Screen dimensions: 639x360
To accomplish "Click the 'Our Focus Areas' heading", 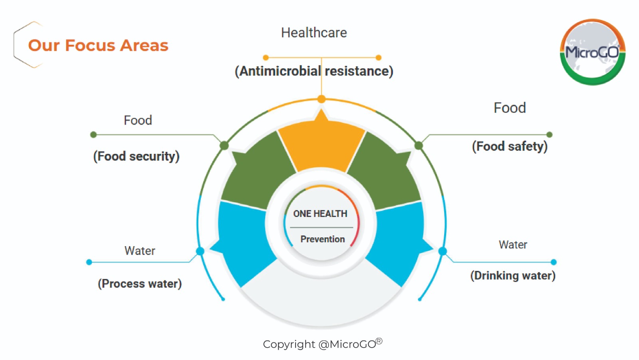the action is click(98, 46).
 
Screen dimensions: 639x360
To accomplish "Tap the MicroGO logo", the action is click(593, 52).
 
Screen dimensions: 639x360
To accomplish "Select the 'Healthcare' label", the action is click(314, 32).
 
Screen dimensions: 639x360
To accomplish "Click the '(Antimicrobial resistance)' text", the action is click(314, 71).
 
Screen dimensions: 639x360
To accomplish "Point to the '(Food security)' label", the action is click(136, 156).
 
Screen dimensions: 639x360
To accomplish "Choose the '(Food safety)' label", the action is click(510, 146).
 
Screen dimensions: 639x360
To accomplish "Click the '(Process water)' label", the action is click(140, 284).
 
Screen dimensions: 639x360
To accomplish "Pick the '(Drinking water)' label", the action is click(513, 276).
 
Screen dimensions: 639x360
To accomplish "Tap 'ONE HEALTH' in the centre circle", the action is click(320, 213).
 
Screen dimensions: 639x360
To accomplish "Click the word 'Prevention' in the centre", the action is click(323, 239).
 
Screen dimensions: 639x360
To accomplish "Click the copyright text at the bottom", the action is click(322, 344).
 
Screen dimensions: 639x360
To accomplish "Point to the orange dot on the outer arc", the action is click(321, 99).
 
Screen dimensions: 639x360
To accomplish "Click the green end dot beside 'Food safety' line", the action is click(550, 135).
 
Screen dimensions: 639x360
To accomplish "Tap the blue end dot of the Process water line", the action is click(89, 262).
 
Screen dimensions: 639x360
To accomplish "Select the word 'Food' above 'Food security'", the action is click(138, 120).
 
